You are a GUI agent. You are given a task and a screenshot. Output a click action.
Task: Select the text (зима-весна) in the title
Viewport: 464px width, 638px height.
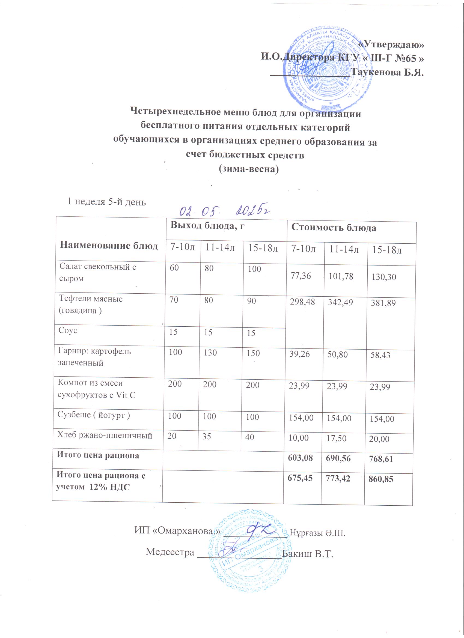pyautogui.click(x=248, y=169)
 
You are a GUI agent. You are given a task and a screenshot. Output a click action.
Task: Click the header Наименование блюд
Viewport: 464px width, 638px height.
pyautogui.click(x=109, y=246)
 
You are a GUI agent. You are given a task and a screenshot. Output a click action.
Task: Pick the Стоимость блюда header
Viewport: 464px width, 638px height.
pyautogui.click(x=334, y=228)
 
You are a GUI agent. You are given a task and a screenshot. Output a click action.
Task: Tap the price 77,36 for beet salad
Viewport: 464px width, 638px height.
pyautogui.click(x=301, y=276)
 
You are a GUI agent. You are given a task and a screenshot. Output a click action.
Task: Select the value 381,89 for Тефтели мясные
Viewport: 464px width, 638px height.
pyautogui.click(x=383, y=303)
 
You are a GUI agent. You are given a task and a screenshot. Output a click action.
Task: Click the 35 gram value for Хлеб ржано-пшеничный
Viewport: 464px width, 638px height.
pyautogui.click(x=207, y=437)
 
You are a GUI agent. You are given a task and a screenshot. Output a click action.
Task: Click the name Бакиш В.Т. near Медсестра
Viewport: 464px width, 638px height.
pyautogui.click(x=308, y=552)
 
